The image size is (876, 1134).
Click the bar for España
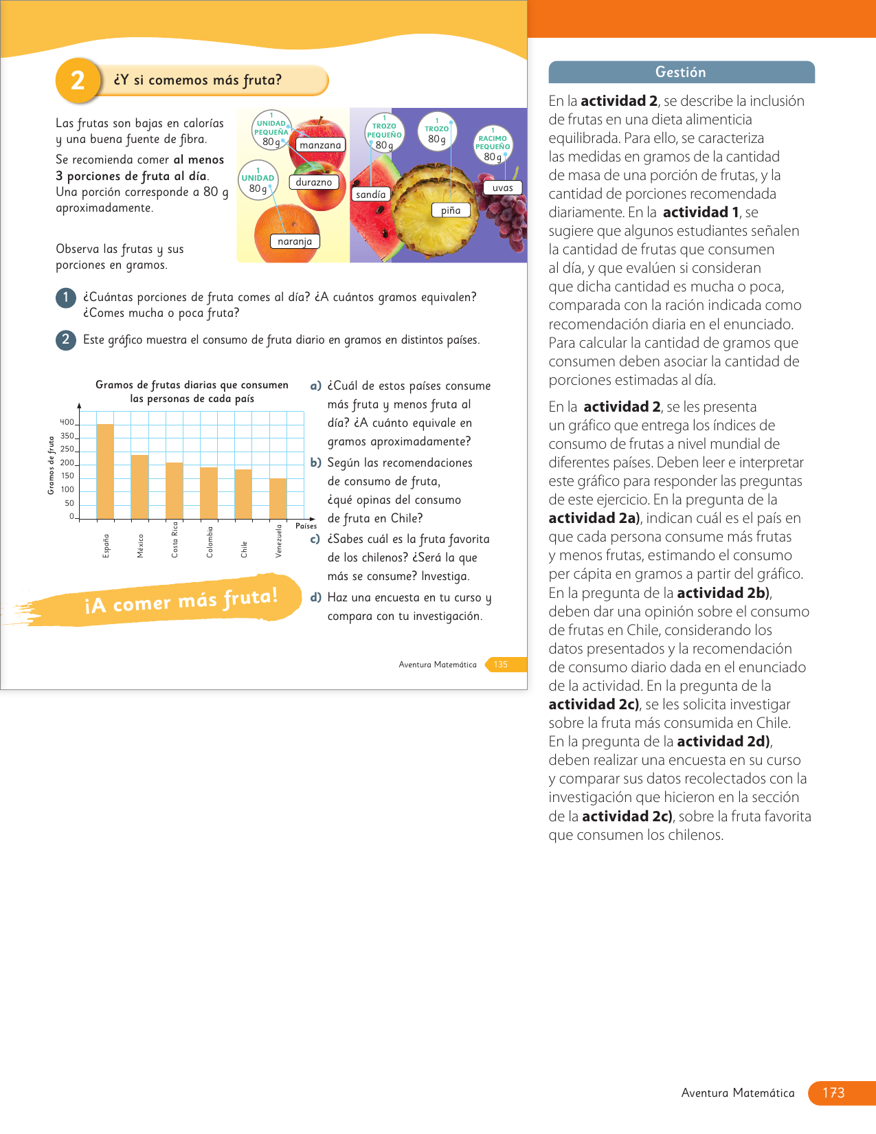[x=105, y=471]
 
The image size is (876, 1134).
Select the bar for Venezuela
[x=278, y=498]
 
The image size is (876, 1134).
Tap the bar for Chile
[x=243, y=493]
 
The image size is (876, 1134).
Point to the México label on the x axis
[x=140, y=546]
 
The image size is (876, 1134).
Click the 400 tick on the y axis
[x=67, y=423]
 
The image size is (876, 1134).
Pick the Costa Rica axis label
[x=175, y=540]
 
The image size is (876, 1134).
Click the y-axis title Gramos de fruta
[x=51, y=465]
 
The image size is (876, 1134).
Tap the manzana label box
[x=320, y=145]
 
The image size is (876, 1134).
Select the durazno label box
[x=314, y=182]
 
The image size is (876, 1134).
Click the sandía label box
[x=370, y=194]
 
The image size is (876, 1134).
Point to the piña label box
[x=451, y=210]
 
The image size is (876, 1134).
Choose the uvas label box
[x=502, y=188]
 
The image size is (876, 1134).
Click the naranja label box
[x=295, y=241]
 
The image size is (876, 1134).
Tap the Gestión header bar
[x=681, y=72]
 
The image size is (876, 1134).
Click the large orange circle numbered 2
[x=78, y=80]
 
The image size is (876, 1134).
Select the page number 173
[x=833, y=1093]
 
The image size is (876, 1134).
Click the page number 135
[x=501, y=665]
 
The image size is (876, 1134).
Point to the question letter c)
[x=315, y=540]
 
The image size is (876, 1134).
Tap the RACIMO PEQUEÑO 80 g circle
[x=493, y=146]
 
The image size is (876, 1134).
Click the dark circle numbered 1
[x=66, y=298]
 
